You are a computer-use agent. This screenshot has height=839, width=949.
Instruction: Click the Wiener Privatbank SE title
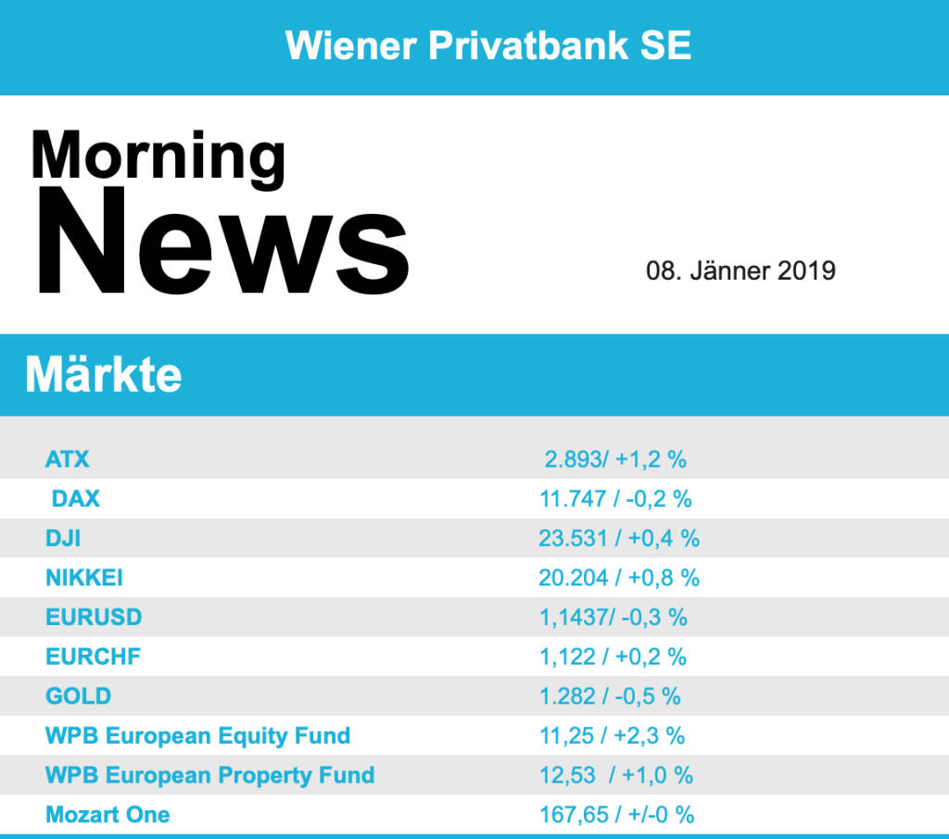pos(488,45)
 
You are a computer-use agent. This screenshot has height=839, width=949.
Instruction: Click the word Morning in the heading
pos(158,156)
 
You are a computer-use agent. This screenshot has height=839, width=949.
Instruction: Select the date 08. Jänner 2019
pos(740,271)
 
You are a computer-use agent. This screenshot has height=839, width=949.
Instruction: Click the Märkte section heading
pos(104,375)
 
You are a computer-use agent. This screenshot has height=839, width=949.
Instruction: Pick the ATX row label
pos(68,458)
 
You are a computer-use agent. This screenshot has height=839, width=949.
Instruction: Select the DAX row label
pos(76,498)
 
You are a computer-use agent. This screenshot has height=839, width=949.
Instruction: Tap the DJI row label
pos(63,538)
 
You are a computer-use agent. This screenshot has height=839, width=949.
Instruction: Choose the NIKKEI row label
pos(84,578)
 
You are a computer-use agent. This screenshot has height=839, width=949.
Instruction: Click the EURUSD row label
pos(94,617)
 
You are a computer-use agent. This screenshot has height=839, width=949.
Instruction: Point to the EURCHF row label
pos(94,657)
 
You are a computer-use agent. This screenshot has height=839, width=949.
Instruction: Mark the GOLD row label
pos(78,696)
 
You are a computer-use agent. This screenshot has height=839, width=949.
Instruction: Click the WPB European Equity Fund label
pos(197,736)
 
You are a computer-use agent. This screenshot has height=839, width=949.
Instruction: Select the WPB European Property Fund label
pos(209,775)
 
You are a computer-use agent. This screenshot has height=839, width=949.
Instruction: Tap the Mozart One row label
pos(108,815)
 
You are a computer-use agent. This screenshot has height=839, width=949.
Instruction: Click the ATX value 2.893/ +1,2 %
pos(615,458)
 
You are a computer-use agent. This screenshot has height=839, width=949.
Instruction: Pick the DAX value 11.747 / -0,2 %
pos(615,498)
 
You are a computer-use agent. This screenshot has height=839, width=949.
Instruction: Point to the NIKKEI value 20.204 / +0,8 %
pos(618,578)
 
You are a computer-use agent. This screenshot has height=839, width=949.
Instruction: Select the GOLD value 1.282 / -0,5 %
pos(610,696)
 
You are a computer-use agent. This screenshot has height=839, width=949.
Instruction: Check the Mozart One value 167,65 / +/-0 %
pos(616,815)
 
